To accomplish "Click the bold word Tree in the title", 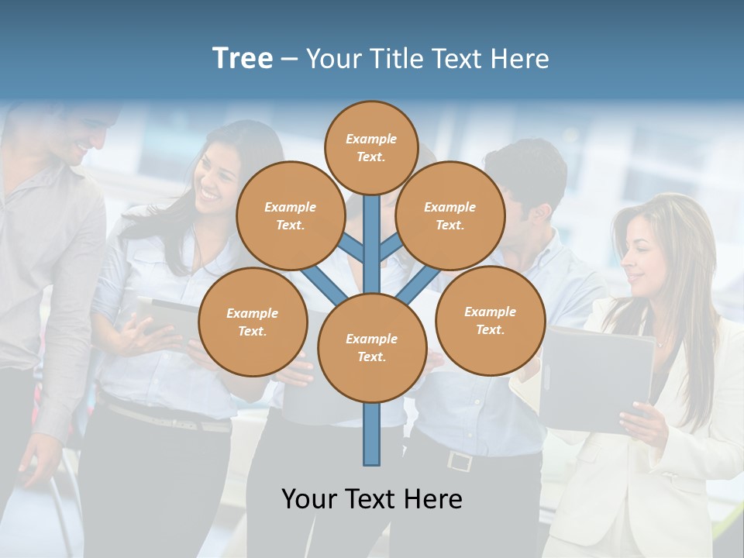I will point(243,59).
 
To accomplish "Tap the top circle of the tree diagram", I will point(371,147).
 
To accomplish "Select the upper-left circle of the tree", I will point(290,215).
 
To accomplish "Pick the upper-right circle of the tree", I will point(449,215).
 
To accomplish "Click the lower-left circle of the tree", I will point(252,322).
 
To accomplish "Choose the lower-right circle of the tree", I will point(490,320).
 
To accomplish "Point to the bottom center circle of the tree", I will point(371,347).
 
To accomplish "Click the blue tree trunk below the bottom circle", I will point(371,434).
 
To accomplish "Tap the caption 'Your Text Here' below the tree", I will point(371,499).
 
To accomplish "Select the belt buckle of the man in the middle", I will point(460,462).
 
